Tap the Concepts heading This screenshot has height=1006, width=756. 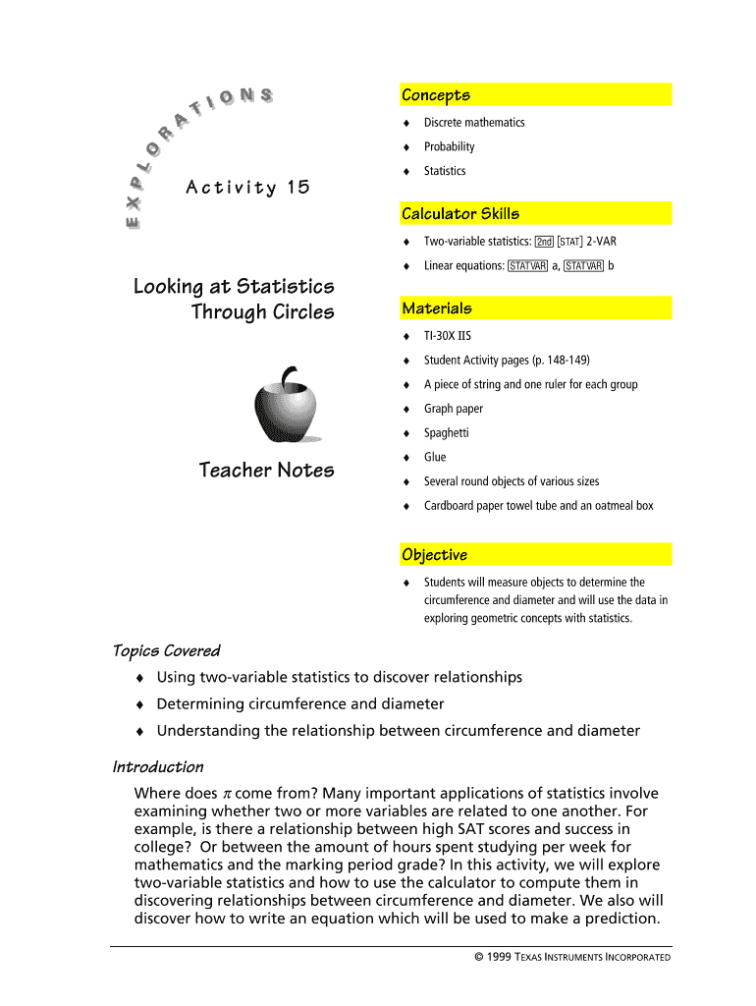coord(435,95)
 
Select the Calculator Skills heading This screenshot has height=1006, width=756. coord(459,214)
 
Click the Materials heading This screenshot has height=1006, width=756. coord(436,308)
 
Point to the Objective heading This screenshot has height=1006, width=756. coord(434,555)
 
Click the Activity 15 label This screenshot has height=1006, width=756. coord(246,187)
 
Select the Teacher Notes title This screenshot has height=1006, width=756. coord(266,471)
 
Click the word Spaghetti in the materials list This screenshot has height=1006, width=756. coord(446,433)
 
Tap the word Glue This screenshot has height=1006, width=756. coord(435,457)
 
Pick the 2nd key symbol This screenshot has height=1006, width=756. coord(544,242)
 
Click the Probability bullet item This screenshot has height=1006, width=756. coord(449,146)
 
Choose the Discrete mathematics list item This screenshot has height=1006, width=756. coord(474,123)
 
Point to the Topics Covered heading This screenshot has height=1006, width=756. coord(166,651)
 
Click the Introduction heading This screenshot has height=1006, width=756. coord(158,767)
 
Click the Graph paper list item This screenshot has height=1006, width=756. coord(454,409)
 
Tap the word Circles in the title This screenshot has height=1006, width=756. coord(302,312)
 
